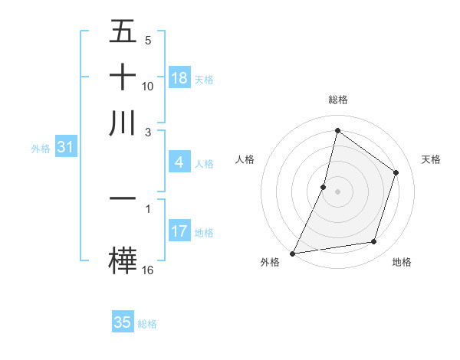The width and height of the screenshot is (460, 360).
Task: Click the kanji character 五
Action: pos(123,32)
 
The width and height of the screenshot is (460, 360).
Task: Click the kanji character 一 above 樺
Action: pos(123,198)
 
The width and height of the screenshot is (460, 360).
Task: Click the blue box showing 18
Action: pos(179,78)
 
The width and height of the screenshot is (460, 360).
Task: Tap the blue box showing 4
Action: pos(179,162)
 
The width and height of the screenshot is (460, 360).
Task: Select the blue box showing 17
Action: pos(179,231)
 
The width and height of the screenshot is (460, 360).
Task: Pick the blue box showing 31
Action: pos(65,147)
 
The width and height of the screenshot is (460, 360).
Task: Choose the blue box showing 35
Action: pos(123,322)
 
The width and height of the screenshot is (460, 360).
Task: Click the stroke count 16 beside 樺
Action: pos(148,270)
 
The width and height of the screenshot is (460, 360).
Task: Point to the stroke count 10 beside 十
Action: pos(148,87)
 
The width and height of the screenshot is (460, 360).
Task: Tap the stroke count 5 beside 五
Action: pos(148,41)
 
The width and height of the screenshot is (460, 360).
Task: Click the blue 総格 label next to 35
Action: pos(147,324)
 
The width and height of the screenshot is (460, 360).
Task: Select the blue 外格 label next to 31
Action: pos(40,149)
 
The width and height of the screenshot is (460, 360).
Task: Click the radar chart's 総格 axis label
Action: pos(337,100)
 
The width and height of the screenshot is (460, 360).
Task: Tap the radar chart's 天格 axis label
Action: pos(431,159)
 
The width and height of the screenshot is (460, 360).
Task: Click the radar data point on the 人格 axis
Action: pos(324,187)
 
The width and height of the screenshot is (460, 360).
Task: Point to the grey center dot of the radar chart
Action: pos(337,191)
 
